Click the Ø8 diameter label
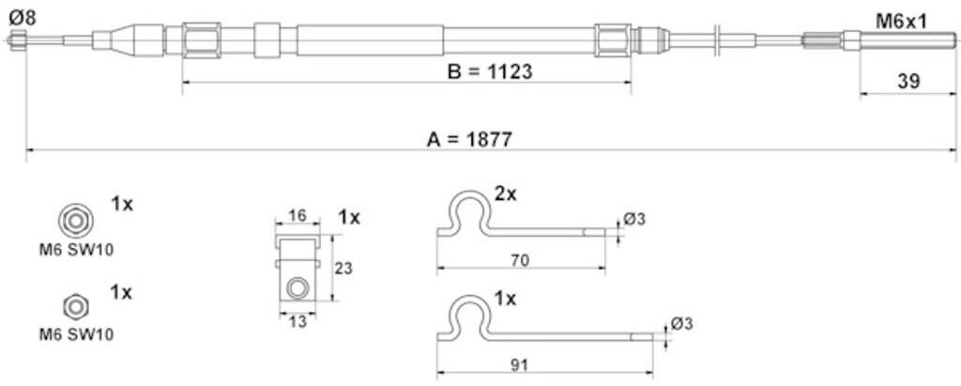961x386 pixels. click(23, 18)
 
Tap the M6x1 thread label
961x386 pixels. click(900, 22)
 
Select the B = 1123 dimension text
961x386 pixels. click(489, 71)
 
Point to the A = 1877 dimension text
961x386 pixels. click(469, 140)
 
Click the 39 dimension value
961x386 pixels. click(908, 82)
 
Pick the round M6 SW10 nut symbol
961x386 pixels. click(76, 222)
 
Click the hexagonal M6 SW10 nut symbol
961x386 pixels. click(76, 306)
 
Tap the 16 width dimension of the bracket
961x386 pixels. click(297, 215)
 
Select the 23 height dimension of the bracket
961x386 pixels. click(343, 269)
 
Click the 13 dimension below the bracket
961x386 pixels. click(297, 321)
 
